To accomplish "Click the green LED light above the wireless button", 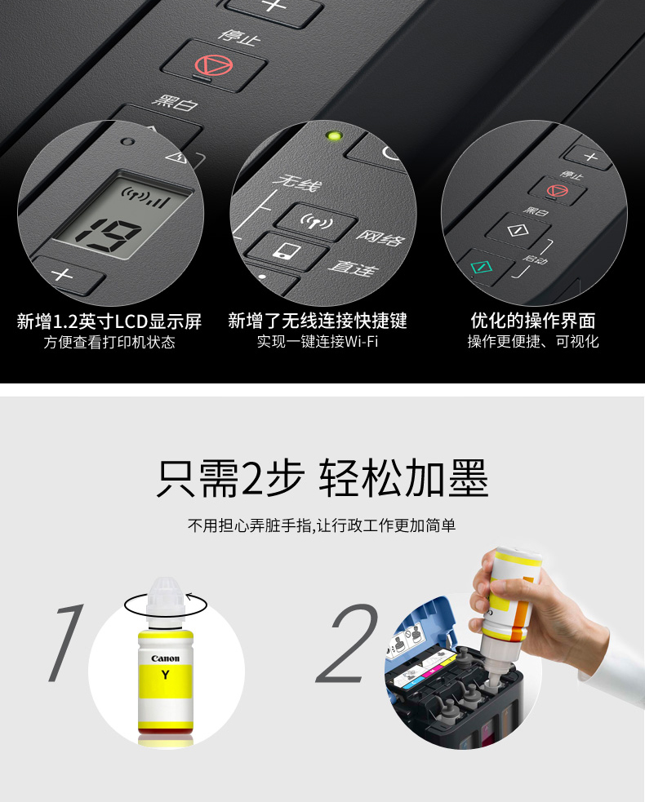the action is pyautogui.click(x=334, y=136).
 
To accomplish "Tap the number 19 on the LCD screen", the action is pyautogui.click(x=109, y=235).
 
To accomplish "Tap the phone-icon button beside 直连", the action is pyautogui.click(x=287, y=250).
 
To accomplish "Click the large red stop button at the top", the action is pyautogui.click(x=213, y=65).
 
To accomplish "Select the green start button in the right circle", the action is pyautogui.click(x=482, y=267).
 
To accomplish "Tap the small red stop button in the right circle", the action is pyautogui.click(x=557, y=191).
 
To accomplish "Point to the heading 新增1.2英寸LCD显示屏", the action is pyautogui.click(x=109, y=321).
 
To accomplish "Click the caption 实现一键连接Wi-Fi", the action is pyautogui.click(x=318, y=341).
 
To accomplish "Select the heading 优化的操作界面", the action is pyautogui.click(x=533, y=321).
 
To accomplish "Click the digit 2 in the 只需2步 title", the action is pyautogui.click(x=251, y=478).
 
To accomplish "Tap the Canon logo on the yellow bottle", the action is pyautogui.click(x=166, y=658).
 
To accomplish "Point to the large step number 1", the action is pyautogui.click(x=66, y=643).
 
